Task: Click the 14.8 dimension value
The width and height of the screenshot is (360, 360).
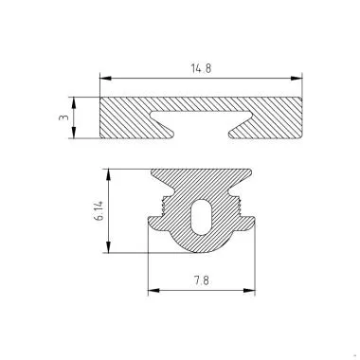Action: point(202,68)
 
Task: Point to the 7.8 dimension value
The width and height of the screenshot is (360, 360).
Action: point(203,281)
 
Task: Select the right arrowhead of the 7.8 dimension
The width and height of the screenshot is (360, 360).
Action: point(254,291)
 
